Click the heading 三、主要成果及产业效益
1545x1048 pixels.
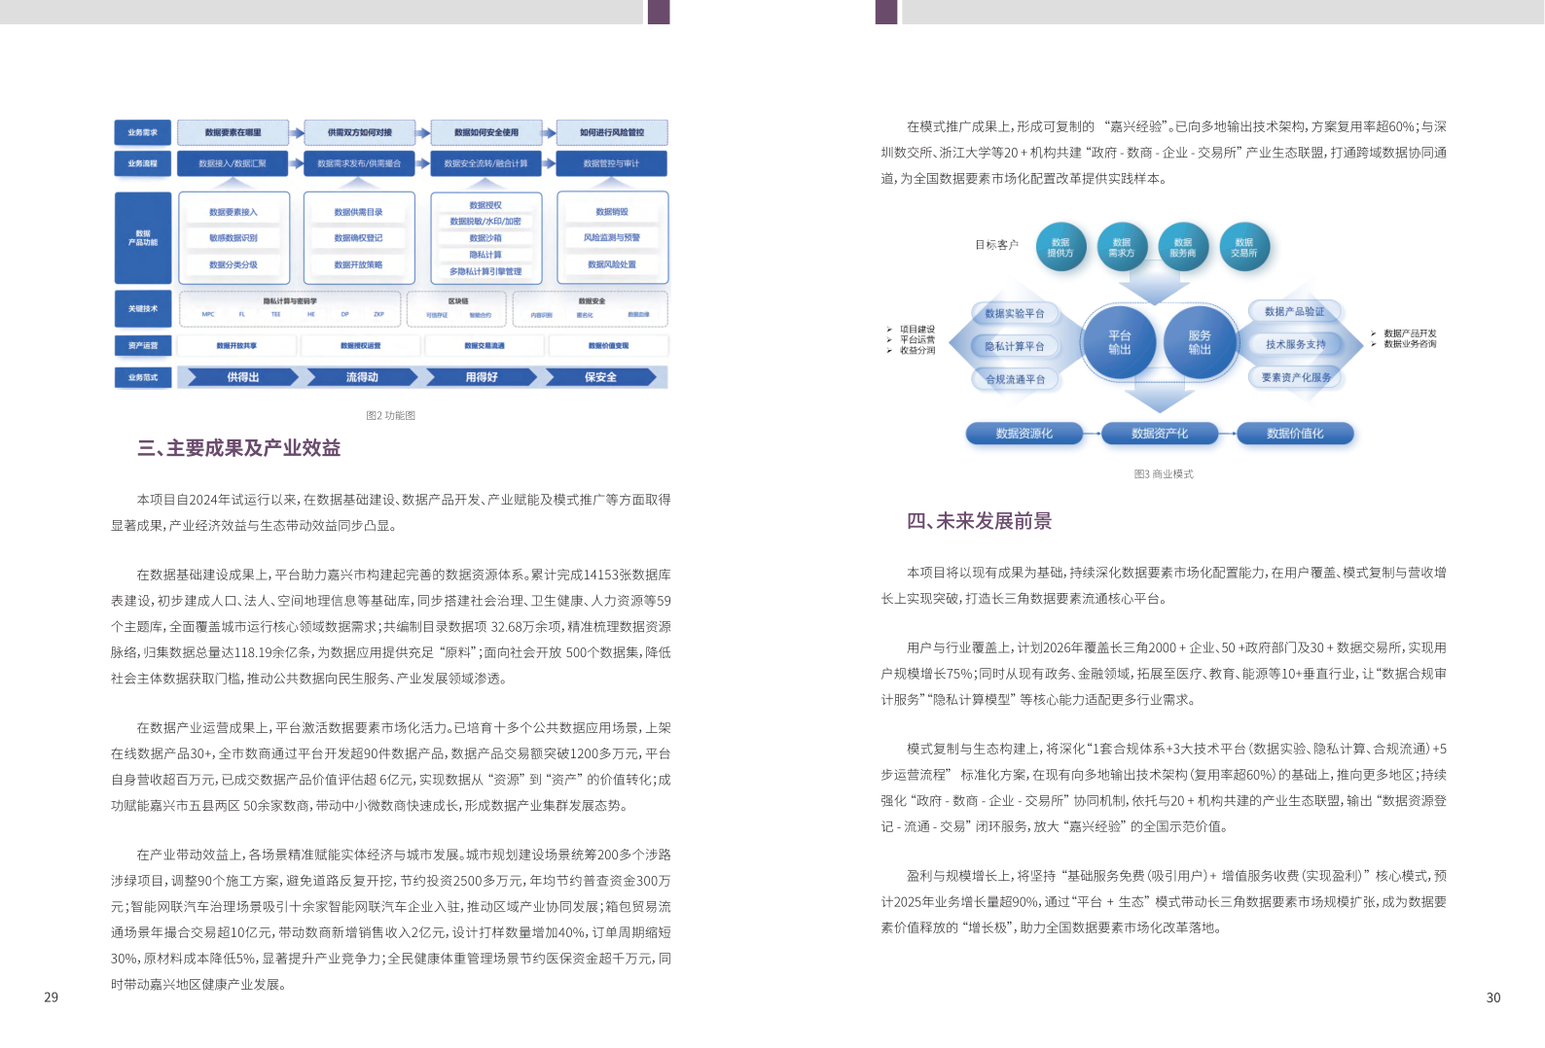(238, 448)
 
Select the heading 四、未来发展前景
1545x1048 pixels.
(979, 521)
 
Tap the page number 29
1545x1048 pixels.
(52, 996)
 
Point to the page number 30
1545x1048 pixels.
(1492, 997)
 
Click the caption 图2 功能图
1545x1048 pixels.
(390, 415)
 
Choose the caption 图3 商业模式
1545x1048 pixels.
(1163, 474)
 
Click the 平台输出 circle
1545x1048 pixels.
(1120, 342)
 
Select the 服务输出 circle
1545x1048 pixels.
(1200, 342)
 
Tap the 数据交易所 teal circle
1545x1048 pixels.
(1243, 248)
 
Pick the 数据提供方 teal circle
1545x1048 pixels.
(1060, 248)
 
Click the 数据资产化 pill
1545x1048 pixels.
(1160, 434)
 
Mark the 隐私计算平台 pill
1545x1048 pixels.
(1014, 346)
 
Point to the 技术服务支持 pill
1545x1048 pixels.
(1295, 344)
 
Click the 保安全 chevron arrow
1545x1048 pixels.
(601, 377)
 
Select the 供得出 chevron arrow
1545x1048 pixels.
(243, 377)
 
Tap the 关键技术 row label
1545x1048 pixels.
(143, 308)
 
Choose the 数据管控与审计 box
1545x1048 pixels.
(611, 163)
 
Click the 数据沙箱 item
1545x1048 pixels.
(485, 238)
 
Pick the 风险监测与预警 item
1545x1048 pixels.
(612, 237)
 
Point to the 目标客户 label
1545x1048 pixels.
(996, 245)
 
